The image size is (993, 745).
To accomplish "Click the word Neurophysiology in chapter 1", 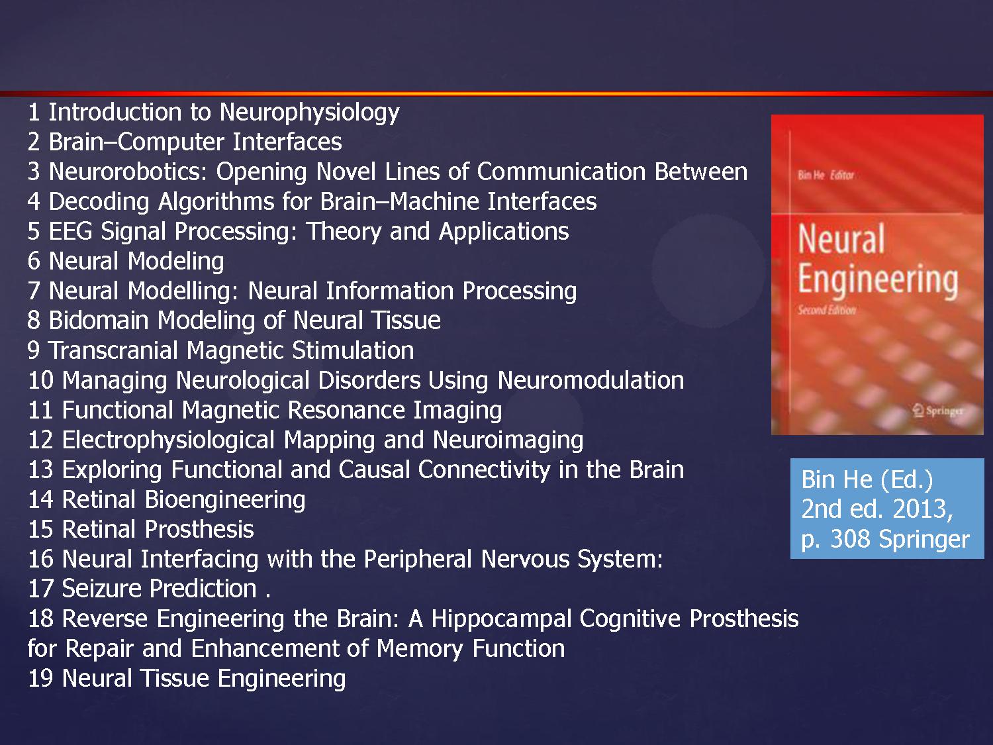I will pyautogui.click(x=309, y=113).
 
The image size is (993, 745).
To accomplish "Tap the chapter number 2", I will pyautogui.click(x=34, y=142).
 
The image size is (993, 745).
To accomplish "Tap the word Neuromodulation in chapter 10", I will pyautogui.click(x=591, y=381).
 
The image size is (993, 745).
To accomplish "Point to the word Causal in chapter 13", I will pyautogui.click(x=374, y=470).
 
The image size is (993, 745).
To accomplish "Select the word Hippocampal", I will pyautogui.click(x=501, y=619).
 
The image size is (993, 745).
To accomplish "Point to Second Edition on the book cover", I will pyautogui.click(x=826, y=310).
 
